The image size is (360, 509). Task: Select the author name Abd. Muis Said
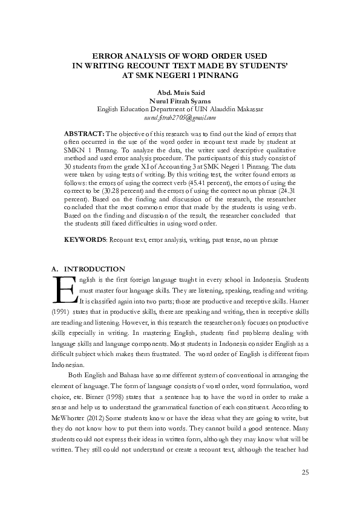[x=180, y=92]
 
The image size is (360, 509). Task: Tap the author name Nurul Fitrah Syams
[x=180, y=100]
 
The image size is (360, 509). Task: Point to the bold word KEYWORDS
[x=85, y=241]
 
